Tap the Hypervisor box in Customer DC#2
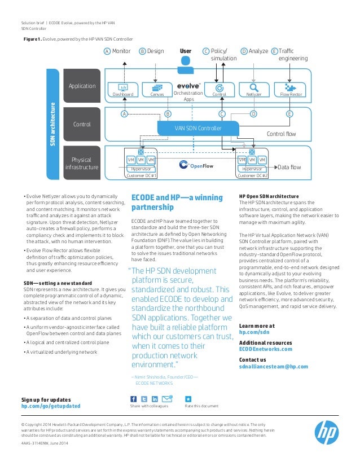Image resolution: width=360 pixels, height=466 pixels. point(252,169)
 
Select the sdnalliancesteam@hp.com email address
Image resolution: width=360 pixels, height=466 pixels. point(274,366)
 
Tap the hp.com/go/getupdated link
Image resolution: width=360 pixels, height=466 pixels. point(51,406)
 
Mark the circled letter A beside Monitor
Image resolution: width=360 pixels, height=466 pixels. point(107,51)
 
